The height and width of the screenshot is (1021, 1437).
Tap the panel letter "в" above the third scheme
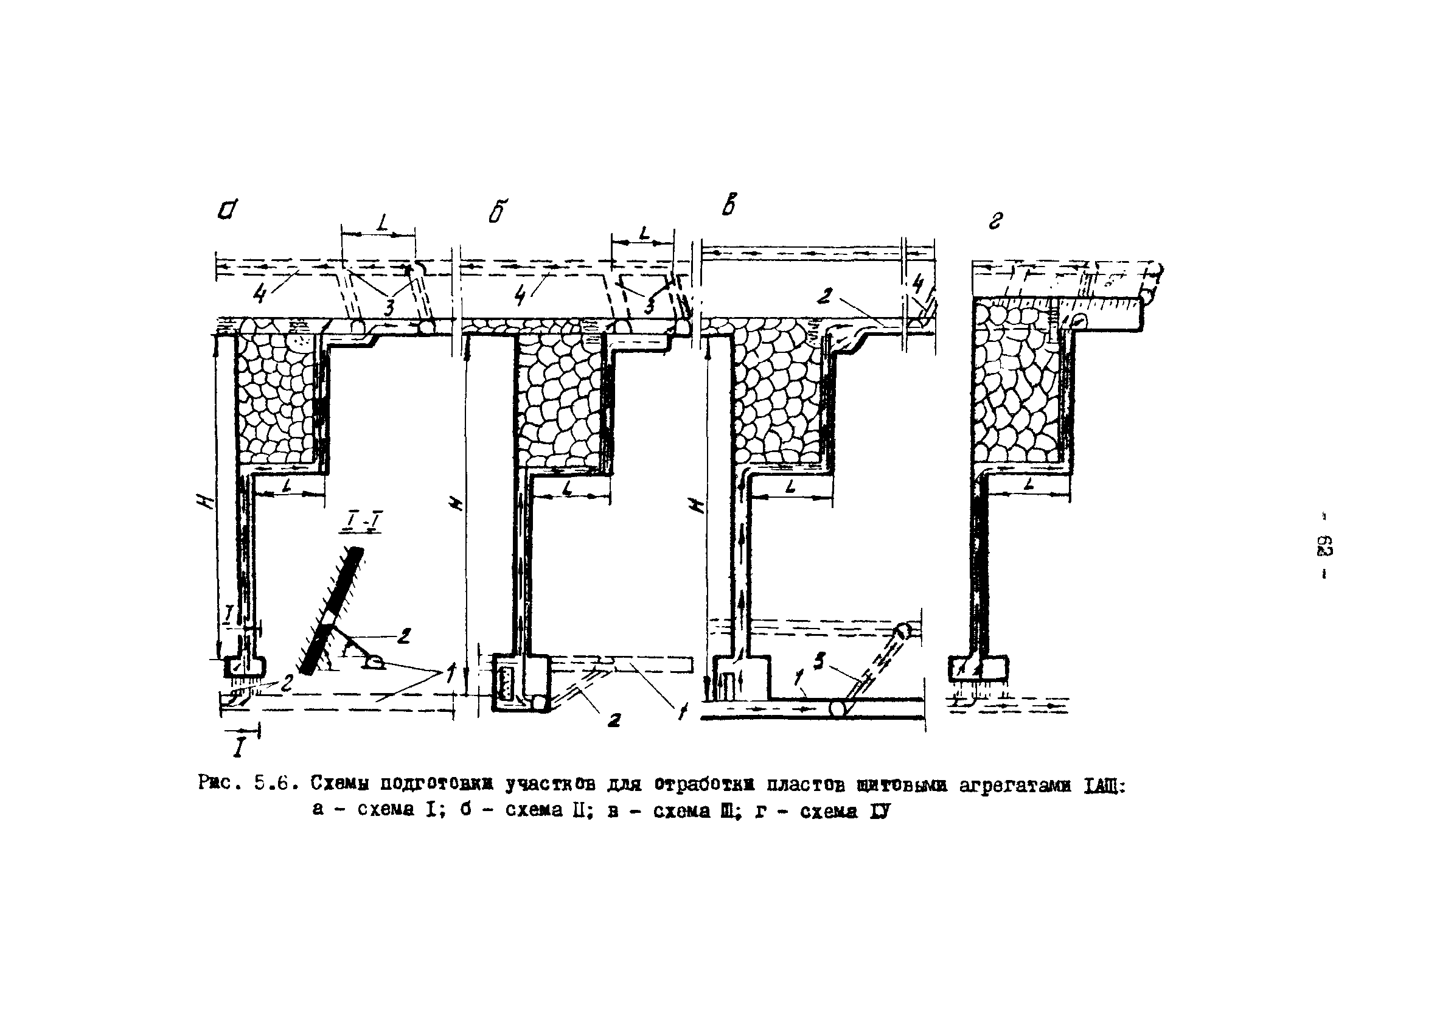pos(729,205)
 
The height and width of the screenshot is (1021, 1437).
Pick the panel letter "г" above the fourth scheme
pos(995,220)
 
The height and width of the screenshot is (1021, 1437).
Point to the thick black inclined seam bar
pos(332,610)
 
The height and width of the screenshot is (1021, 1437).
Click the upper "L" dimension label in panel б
pos(643,234)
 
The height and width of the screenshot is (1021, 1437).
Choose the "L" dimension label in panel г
pos(1028,485)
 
